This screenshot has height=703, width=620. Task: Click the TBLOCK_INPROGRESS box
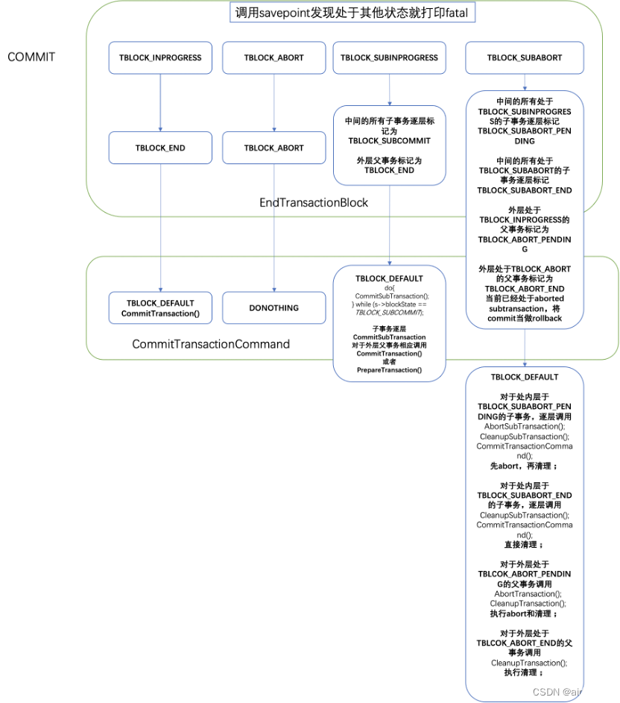pos(160,58)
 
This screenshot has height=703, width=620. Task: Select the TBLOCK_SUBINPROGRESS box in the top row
pos(390,58)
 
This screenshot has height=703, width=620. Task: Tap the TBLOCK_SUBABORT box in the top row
pos(525,58)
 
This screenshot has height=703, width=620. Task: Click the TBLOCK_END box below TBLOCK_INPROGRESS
pos(160,148)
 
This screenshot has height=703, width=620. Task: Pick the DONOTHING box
pos(273,307)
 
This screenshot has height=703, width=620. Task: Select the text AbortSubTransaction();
pos(525,427)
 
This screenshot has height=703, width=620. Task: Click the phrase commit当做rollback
pos(525,318)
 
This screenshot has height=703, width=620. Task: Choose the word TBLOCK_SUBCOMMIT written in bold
pos(389,140)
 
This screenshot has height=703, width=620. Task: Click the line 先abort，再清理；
pos(524,466)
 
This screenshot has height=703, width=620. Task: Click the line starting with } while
pos(389,305)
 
